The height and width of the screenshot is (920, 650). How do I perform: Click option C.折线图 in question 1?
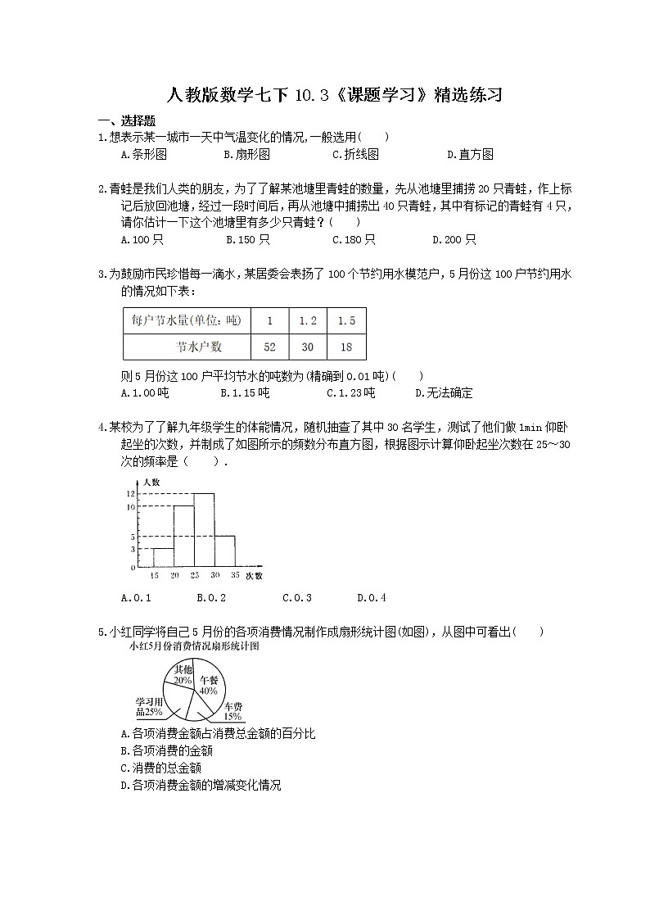355,154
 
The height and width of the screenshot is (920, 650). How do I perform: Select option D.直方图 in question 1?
470,154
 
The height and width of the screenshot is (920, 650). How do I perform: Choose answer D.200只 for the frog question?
454,239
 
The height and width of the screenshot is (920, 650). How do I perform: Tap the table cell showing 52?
269,347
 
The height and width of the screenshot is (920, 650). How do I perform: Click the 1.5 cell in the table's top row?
346,321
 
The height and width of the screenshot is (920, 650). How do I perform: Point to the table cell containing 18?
346,347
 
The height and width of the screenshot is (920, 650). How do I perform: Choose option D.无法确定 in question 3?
444,393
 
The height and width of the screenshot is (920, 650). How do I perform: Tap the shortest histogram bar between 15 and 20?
162,558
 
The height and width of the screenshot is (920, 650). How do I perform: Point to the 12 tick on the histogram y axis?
130,494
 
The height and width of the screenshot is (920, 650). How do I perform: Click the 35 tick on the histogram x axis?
236,577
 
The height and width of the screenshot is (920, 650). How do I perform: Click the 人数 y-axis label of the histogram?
151,482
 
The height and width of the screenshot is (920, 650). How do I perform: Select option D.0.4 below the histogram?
372,598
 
